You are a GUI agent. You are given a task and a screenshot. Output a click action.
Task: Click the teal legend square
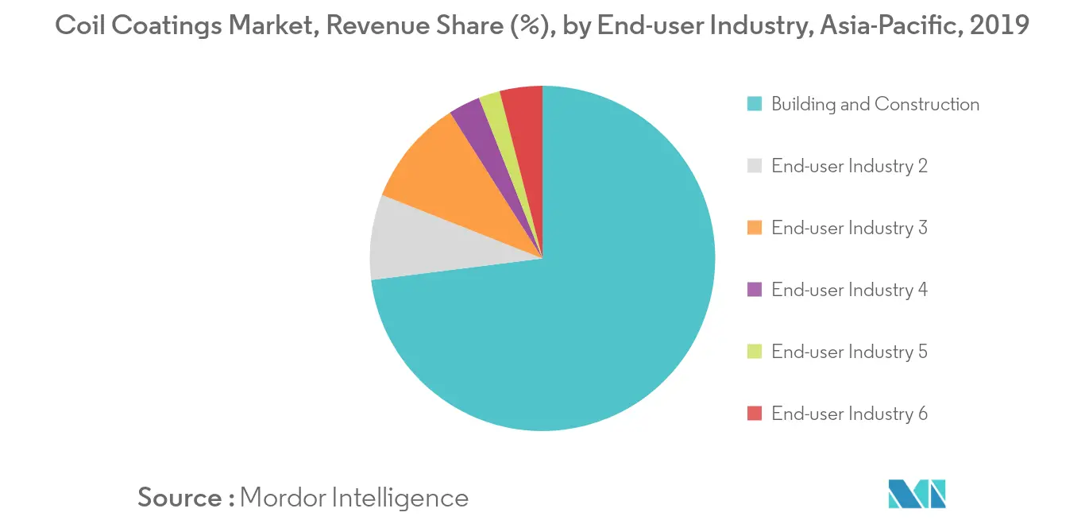tap(755, 104)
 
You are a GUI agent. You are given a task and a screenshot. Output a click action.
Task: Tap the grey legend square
tap(755, 166)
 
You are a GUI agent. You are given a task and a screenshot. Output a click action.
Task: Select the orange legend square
tap(755, 228)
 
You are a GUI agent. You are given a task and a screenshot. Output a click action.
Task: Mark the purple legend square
tap(755, 290)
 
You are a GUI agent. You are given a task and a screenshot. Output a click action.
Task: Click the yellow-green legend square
tap(755, 352)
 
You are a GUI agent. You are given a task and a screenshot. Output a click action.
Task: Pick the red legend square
tap(755, 414)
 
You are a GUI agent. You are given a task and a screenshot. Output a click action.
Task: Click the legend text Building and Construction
tap(875, 104)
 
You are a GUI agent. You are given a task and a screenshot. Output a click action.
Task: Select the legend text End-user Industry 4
tap(849, 290)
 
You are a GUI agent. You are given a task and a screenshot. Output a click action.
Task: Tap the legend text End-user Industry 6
tap(849, 414)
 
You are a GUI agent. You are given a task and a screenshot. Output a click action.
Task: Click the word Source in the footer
tap(180, 498)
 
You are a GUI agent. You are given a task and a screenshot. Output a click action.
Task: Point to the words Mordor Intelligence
tap(353, 498)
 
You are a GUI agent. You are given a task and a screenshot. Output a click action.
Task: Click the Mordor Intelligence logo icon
tap(917, 494)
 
